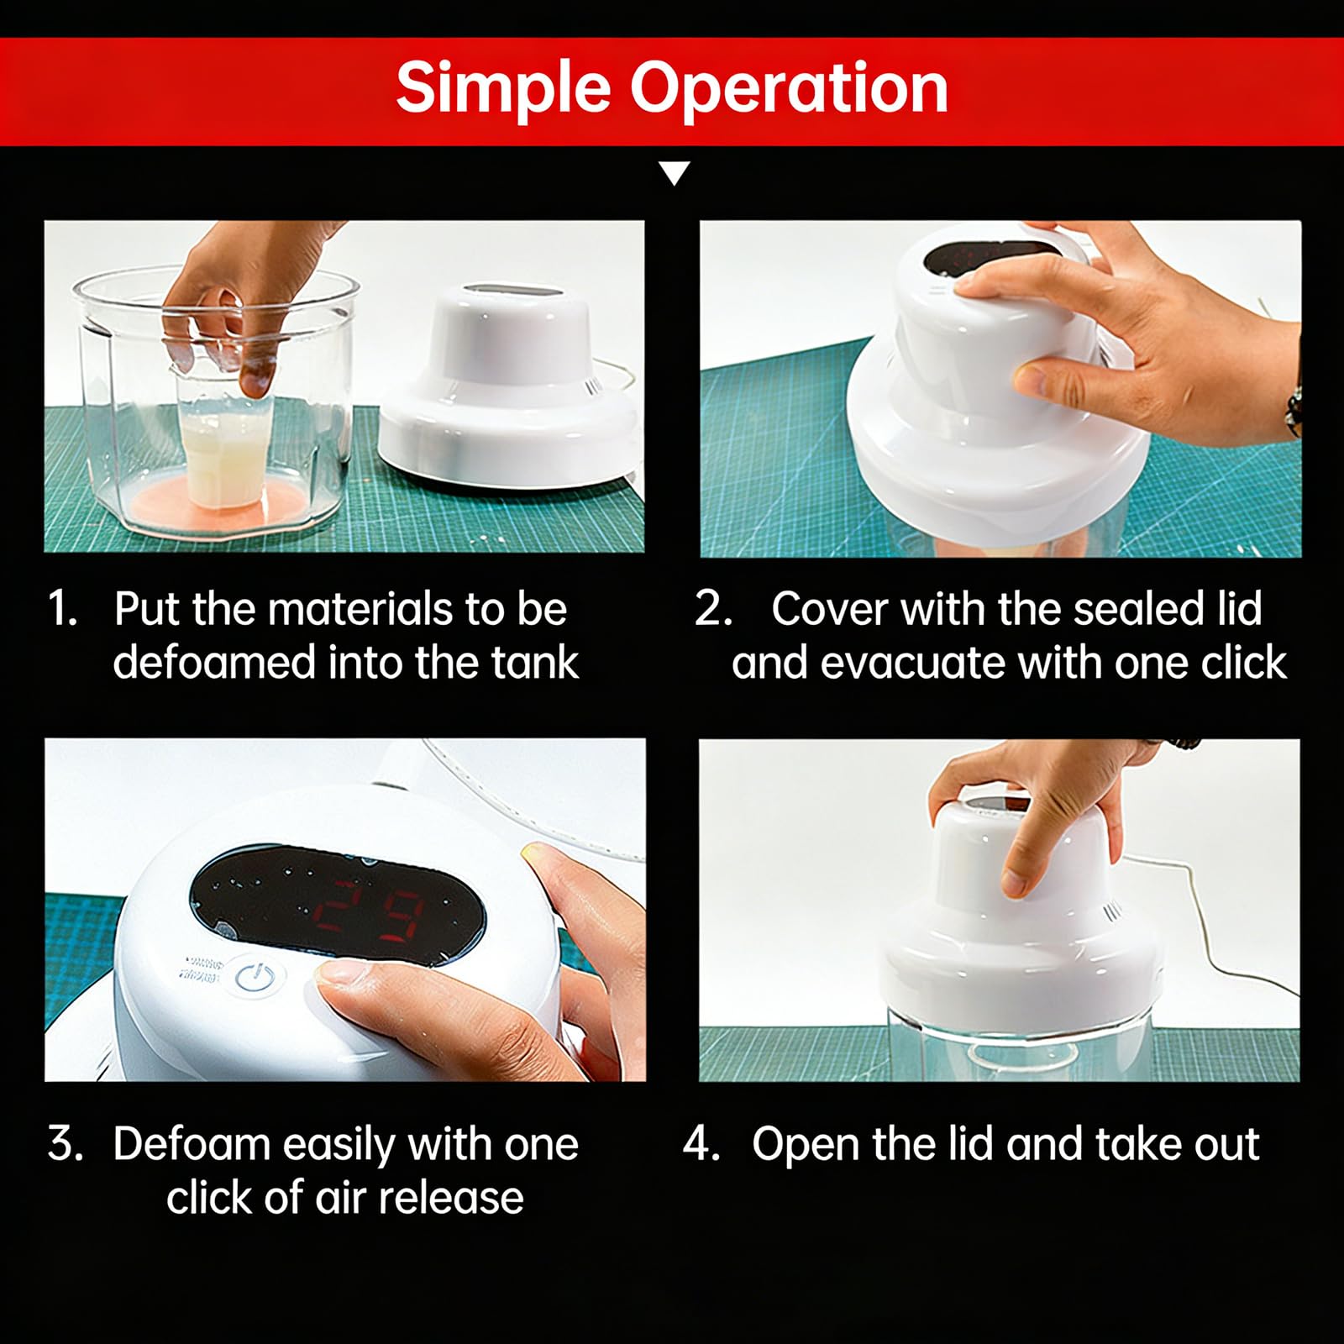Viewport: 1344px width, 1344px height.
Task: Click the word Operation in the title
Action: [790, 87]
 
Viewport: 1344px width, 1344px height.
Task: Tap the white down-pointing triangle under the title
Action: [675, 173]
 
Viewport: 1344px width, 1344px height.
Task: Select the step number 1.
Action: [62, 608]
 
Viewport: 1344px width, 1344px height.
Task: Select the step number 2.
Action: [713, 608]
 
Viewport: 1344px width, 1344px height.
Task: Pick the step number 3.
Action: [65, 1143]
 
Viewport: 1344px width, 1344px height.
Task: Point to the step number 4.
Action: [701, 1143]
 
